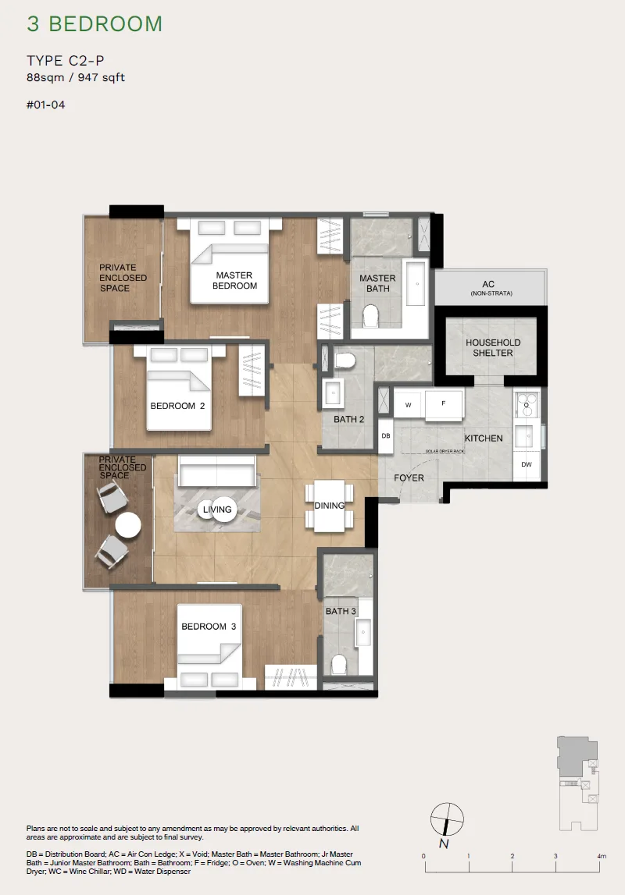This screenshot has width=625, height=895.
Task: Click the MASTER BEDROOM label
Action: pyautogui.click(x=234, y=280)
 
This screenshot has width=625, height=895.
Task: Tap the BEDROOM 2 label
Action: pyautogui.click(x=177, y=406)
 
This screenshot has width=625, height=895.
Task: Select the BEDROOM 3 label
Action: pyautogui.click(x=209, y=626)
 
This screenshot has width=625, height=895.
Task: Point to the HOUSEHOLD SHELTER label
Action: pyautogui.click(x=493, y=347)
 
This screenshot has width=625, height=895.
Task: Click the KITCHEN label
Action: pyautogui.click(x=484, y=439)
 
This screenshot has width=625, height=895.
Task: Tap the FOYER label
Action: pyautogui.click(x=409, y=478)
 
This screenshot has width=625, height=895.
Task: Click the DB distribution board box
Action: pyautogui.click(x=386, y=435)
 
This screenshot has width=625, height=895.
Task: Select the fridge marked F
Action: pyautogui.click(x=443, y=404)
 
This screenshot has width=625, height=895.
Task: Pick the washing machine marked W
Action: pyautogui.click(x=409, y=405)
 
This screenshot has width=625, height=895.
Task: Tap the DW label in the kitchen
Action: pyautogui.click(x=526, y=464)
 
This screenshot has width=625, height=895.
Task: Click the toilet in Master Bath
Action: pyautogui.click(x=371, y=316)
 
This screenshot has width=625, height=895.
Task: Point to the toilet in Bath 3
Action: pyautogui.click(x=339, y=664)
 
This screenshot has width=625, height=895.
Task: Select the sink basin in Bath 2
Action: pyautogui.click(x=333, y=392)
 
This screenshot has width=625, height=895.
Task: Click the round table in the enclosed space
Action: pyautogui.click(x=128, y=525)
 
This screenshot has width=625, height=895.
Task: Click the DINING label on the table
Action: pyautogui.click(x=329, y=506)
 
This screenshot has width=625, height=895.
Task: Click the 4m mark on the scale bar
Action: pyautogui.click(x=601, y=856)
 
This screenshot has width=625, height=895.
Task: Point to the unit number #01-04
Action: pyautogui.click(x=46, y=105)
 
